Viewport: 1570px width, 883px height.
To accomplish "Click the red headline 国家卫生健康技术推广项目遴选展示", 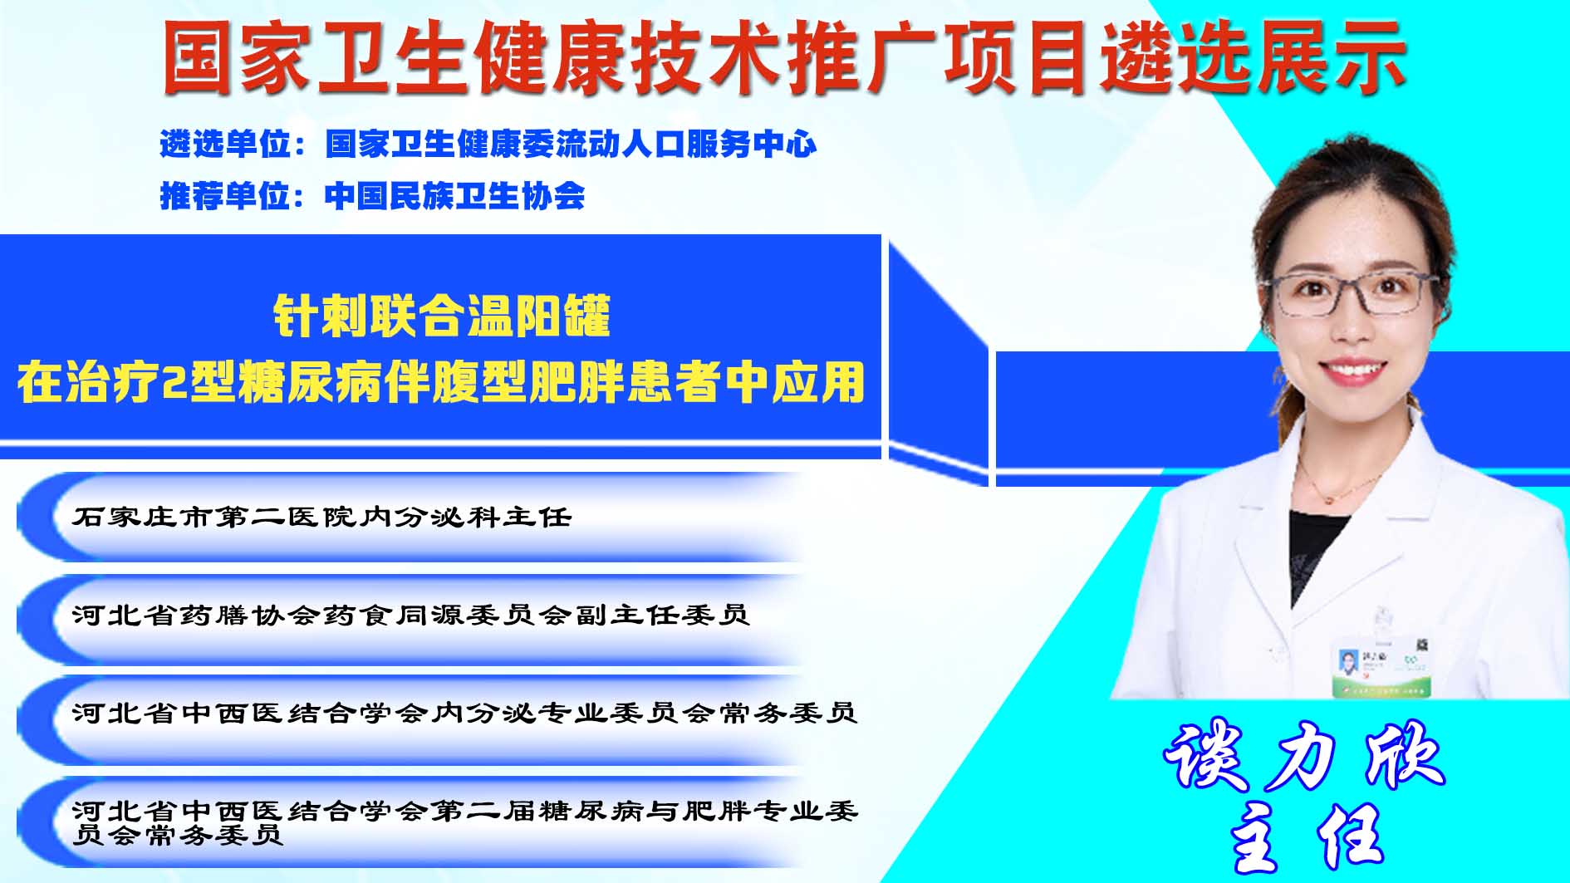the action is pos(783,57).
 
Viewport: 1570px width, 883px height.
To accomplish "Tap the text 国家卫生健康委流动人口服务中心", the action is pos(571,145).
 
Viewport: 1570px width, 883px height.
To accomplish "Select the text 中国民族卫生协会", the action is pos(454,196).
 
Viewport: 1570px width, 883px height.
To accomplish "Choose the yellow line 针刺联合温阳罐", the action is pos(442,316).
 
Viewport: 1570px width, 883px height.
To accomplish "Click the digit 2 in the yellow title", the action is pos(174,383).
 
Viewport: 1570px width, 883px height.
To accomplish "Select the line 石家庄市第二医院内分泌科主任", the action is pos(321,518).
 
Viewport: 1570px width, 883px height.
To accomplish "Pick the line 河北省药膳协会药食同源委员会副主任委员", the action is pos(410,615).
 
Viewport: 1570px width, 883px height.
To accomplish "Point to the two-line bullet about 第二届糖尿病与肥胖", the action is pos(464,822).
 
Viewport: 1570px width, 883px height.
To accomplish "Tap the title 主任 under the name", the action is pos(1306,840).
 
